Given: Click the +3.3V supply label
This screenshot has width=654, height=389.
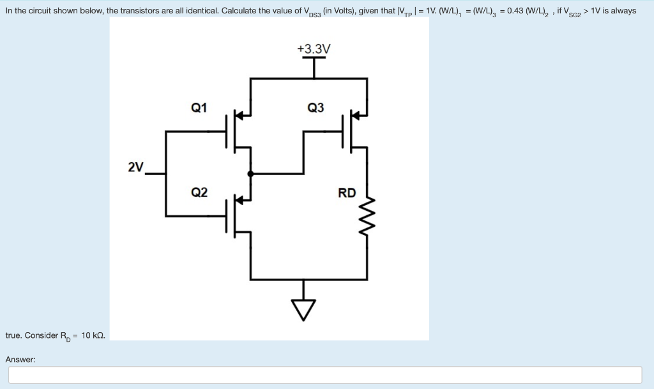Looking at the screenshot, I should click(x=314, y=49).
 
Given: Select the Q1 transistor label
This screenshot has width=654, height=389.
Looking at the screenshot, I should click(x=199, y=107).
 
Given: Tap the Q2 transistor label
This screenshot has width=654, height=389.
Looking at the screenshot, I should click(x=199, y=192).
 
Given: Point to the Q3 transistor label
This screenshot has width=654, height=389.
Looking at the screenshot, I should click(x=316, y=107).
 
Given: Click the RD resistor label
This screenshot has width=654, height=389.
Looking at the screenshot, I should click(x=347, y=193).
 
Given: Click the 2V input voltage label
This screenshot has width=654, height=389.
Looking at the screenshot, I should click(x=135, y=167).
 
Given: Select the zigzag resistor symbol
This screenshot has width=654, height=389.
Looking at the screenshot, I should click(x=367, y=206).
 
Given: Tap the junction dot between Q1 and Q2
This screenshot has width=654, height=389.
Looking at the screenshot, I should click(x=250, y=173).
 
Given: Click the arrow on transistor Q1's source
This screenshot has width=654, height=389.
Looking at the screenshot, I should click(x=240, y=115).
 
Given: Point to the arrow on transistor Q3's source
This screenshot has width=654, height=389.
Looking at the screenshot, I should click(x=357, y=115).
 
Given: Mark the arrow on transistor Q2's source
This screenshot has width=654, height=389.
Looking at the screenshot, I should click(x=240, y=199).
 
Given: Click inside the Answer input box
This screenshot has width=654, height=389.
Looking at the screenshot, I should click(x=324, y=375).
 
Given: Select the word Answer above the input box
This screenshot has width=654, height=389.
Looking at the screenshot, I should click(x=20, y=360).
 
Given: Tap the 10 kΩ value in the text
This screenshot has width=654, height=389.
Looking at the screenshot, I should click(x=93, y=335).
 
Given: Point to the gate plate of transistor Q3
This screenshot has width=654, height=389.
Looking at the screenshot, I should click(x=344, y=132).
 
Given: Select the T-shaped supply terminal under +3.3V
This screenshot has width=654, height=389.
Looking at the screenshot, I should click(x=314, y=64).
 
